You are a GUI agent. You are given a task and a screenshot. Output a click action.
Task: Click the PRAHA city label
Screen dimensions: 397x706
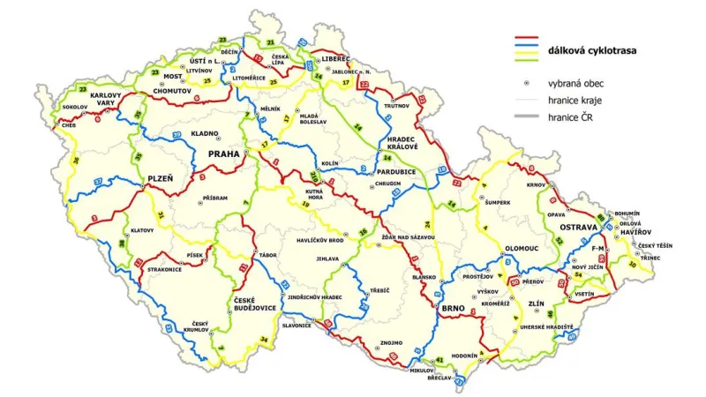pos(223,154)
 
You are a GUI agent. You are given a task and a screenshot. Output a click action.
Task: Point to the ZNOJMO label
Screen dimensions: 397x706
pos(390,341)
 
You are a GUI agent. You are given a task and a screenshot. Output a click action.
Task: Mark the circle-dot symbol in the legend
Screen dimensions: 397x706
pos(526,82)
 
